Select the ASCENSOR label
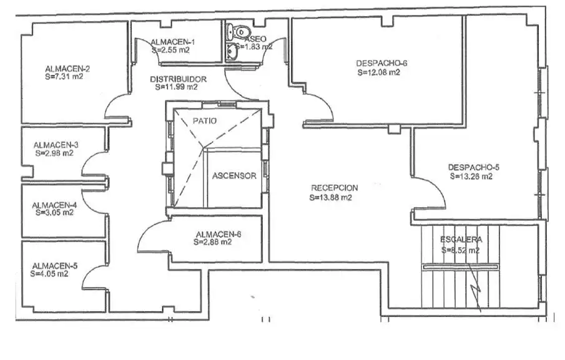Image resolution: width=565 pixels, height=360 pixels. (x=234, y=176)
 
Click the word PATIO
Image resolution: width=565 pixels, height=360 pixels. (x=205, y=121)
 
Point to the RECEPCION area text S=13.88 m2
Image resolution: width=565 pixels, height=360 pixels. (x=330, y=198)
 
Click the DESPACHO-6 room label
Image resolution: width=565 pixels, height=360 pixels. (x=381, y=64)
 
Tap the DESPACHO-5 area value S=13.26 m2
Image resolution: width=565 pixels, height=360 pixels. (x=471, y=177)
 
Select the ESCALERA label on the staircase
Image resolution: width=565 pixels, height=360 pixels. (x=461, y=240)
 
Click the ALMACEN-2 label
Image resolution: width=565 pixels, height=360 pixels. (x=67, y=69)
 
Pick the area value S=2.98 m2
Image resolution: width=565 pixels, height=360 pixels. (x=54, y=153)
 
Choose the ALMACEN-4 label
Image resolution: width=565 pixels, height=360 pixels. (x=54, y=205)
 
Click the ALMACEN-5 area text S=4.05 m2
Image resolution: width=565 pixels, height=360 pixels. (x=49, y=274)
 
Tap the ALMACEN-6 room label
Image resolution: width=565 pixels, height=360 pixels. (x=219, y=235)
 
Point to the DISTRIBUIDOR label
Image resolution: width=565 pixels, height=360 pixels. (x=179, y=79)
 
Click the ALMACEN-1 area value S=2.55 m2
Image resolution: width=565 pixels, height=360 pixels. (x=171, y=51)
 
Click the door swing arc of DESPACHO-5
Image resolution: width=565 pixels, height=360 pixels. (x=438, y=187)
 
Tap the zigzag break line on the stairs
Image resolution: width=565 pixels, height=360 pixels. (x=475, y=287)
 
